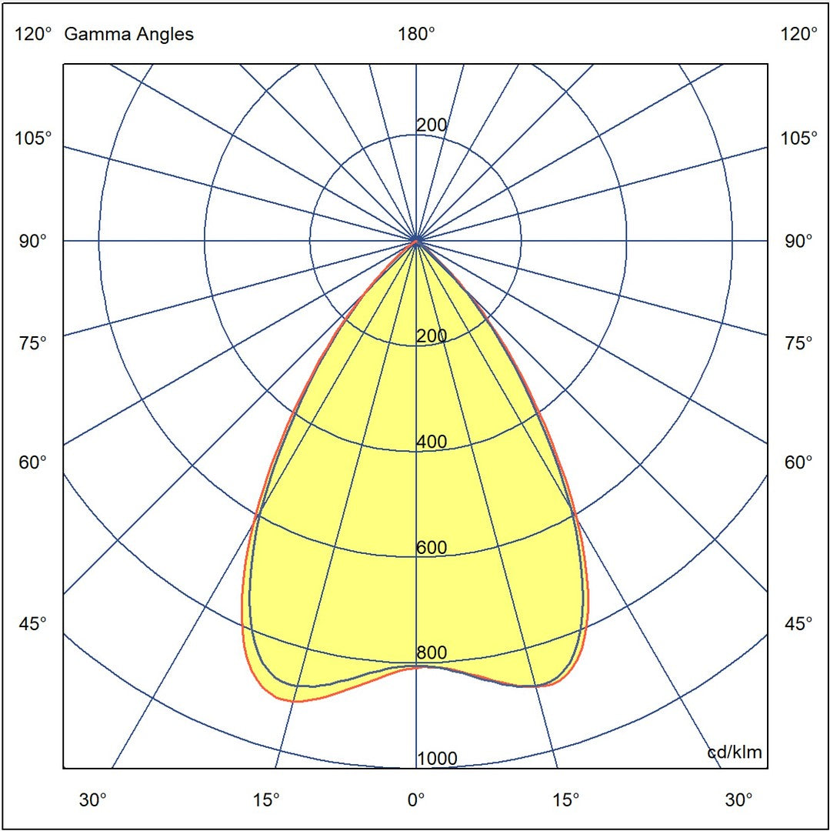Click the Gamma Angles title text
(129, 34)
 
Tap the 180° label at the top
(416, 34)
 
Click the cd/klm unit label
(735, 753)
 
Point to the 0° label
(416, 800)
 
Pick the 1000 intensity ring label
(437, 759)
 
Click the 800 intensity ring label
(432, 653)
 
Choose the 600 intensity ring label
(432, 548)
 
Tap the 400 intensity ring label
(432, 442)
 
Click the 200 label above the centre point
(432, 125)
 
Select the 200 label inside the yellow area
(432, 336)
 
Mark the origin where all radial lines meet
(416, 241)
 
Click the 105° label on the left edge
(33, 138)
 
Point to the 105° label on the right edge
(799, 138)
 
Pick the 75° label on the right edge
(799, 343)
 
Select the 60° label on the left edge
(33, 462)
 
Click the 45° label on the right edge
(799, 623)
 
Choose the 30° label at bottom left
(93, 800)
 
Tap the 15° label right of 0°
(566, 800)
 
